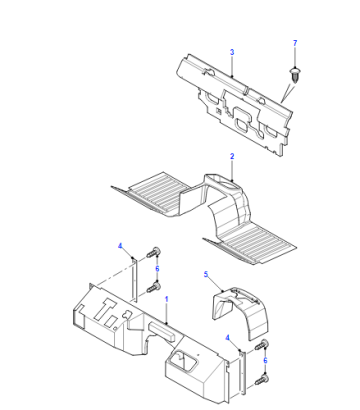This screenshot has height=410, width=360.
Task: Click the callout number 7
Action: [295, 43]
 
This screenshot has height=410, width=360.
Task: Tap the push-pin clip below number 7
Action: [294, 76]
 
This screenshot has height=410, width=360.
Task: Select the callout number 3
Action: [232, 52]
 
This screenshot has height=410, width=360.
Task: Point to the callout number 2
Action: [232, 156]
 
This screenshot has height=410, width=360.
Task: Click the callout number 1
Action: [167, 299]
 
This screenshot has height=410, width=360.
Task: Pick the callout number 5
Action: [206, 274]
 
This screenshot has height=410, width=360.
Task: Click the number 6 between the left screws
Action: [157, 268]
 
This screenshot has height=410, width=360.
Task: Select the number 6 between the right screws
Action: [265, 360]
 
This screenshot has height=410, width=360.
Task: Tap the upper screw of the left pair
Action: [153, 252]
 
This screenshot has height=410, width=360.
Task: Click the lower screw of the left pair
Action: [153, 287]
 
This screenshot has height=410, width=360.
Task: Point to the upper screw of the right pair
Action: [262, 345]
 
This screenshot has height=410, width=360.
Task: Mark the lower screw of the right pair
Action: [262, 380]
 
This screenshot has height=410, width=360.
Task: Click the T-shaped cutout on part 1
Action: [107, 310]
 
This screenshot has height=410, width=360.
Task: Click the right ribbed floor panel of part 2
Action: [253, 243]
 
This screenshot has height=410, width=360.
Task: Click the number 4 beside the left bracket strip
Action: [120, 246]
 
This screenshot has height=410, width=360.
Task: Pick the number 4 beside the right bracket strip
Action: [227, 338]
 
